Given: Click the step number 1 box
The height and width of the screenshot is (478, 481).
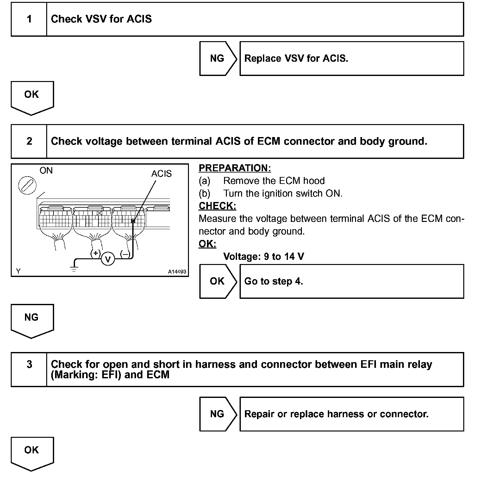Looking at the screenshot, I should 29,19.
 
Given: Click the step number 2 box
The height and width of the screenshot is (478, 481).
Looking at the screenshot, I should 29,141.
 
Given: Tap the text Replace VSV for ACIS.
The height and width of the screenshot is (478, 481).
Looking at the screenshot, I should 296,59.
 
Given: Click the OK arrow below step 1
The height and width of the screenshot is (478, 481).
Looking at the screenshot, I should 32,97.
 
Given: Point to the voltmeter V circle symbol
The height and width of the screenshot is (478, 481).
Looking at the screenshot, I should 108,259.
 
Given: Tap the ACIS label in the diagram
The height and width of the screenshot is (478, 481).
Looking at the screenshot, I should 161,174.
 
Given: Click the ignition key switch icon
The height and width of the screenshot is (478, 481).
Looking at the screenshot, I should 28,185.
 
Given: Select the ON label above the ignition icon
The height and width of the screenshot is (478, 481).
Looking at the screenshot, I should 46,171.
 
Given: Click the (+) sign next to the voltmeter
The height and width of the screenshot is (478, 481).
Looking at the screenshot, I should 96,253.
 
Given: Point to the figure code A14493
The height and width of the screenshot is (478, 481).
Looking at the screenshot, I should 177,272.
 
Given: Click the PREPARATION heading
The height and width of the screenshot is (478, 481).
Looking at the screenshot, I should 235,168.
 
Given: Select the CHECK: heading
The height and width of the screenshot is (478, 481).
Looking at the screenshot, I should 217,206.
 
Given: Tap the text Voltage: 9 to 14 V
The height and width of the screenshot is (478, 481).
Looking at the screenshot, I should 264,256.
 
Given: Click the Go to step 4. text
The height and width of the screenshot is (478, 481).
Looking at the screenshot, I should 274,281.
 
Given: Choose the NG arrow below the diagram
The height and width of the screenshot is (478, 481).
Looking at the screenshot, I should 32,319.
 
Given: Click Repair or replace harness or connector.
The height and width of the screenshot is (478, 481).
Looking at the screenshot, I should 336,414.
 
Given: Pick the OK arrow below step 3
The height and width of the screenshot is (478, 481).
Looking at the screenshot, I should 32,452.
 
